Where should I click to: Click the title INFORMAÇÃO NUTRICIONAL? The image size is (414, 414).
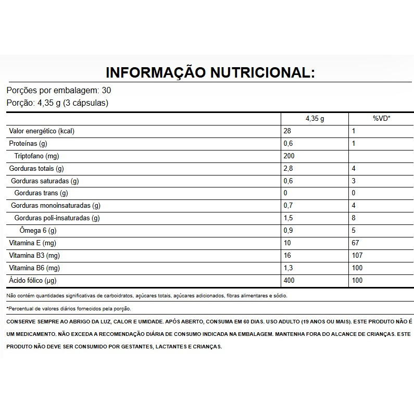[x=210, y=72]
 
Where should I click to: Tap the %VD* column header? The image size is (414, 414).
[x=381, y=119]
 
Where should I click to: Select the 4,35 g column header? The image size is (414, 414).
[x=315, y=119]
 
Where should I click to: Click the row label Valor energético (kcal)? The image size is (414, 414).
[x=42, y=131]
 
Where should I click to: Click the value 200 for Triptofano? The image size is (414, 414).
[x=289, y=156]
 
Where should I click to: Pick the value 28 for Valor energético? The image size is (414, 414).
[x=287, y=131]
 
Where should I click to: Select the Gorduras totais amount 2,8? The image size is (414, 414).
[x=288, y=169]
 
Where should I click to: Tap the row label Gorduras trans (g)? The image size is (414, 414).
[x=42, y=193]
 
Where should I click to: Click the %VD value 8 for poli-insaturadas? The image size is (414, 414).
[x=354, y=218]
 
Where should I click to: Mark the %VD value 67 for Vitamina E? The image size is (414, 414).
[x=356, y=243]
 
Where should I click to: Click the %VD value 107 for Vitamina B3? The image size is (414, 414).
[x=357, y=256]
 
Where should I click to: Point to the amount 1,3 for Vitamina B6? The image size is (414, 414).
[x=288, y=268]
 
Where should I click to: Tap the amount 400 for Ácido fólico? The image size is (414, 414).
[x=289, y=281]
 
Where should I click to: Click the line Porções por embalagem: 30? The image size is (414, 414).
[x=58, y=90]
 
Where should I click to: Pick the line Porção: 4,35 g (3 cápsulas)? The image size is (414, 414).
[x=57, y=103]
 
